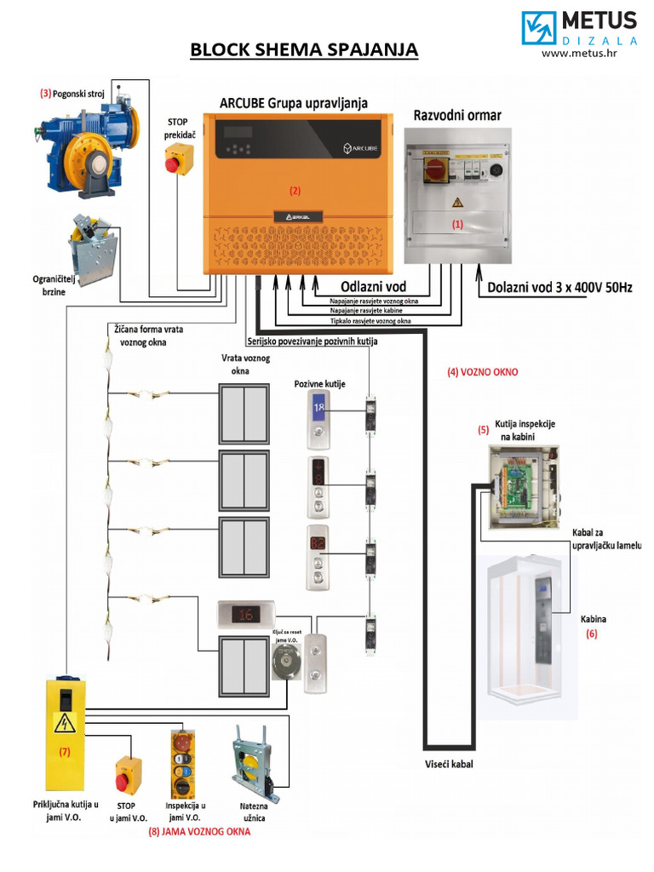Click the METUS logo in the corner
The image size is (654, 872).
point(579,28)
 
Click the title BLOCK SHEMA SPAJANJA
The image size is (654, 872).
point(304,49)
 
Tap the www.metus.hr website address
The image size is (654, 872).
point(579,54)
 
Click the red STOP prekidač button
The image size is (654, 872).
point(177,160)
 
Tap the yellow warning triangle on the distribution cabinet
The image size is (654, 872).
point(456,202)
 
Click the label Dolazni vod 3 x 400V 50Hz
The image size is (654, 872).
point(559,287)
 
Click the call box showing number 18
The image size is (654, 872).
point(319,422)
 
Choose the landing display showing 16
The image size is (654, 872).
point(249,613)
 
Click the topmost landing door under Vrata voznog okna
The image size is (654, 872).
point(244,414)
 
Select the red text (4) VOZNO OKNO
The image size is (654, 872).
point(482,372)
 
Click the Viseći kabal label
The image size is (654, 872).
point(449,764)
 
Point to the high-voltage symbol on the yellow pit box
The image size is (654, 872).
point(64,724)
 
